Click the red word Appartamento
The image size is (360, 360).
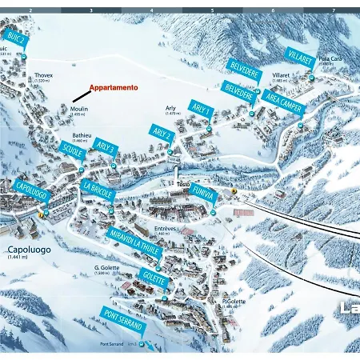pyautogui.click(x=113, y=87)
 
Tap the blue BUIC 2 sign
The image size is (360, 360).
pyautogui.click(x=15, y=40)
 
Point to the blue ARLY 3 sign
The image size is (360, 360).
pyautogui.click(x=106, y=149)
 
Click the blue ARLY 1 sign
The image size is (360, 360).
pyautogui.click(x=202, y=109)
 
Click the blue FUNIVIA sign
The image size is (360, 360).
pyautogui.click(x=204, y=194)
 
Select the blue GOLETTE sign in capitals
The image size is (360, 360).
pyautogui.click(x=154, y=279)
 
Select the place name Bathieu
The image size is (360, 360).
pyautogui.click(x=80, y=136)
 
